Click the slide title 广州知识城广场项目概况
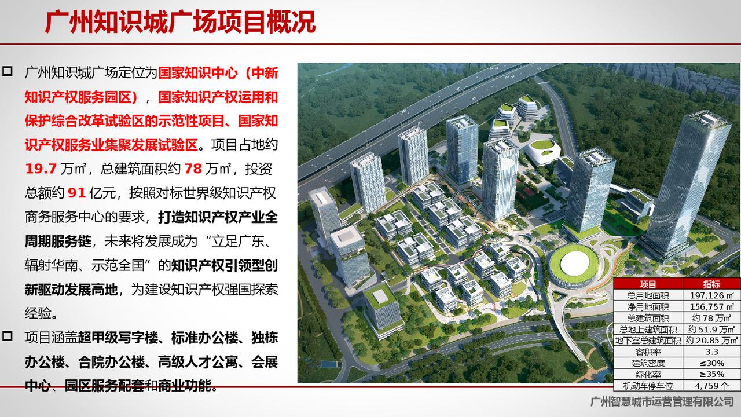[x=180, y=22]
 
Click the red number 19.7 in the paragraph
[x=41, y=169]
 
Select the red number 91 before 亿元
[x=77, y=193]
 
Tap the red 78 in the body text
[x=193, y=169]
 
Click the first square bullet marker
[x=8, y=71]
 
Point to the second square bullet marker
[x=8, y=336]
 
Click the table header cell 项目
[x=648, y=284]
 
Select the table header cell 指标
[x=711, y=284]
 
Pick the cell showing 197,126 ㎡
[x=711, y=295]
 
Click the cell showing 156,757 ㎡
[x=711, y=306]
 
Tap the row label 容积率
[x=648, y=352]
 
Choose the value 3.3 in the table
[x=711, y=352]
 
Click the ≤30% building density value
[x=711, y=363]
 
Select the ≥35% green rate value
[x=711, y=374]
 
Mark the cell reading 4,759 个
[x=711, y=386]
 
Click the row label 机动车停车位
[x=648, y=386]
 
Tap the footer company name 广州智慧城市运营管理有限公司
[x=662, y=402]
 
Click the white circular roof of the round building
[x=575, y=264]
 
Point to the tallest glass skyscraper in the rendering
[x=688, y=185]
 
